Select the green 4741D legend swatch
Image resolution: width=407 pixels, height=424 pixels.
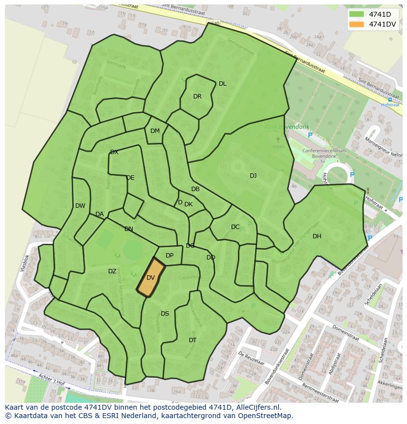click(357, 14)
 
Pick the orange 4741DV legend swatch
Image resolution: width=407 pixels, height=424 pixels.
click(357, 24)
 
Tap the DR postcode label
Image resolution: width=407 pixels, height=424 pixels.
click(197, 97)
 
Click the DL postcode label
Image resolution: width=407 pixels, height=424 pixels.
click(223, 84)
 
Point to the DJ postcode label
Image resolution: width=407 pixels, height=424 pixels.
click(253, 176)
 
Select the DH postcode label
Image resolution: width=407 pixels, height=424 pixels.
click(317, 236)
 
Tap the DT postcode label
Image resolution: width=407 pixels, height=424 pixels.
click(193, 340)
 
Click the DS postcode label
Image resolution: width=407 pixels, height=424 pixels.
click(165, 314)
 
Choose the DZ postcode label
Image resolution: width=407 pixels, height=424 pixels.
click(112, 271)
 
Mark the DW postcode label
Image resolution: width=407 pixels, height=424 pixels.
click(80, 206)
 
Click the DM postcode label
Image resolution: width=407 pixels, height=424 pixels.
click(155, 131)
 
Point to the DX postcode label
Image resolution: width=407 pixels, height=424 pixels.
click(114, 152)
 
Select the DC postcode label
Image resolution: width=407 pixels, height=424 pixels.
click(235, 227)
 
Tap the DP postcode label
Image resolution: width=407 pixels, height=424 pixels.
click(170, 256)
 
